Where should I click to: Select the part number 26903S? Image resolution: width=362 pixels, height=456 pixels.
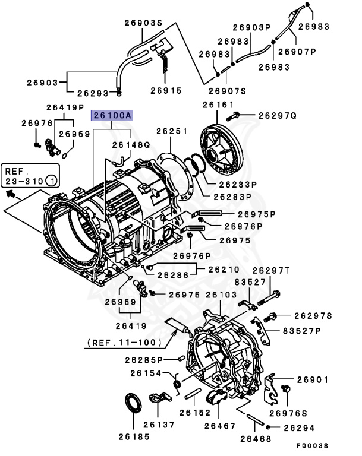coord(143,23)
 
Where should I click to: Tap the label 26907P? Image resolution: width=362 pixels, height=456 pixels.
coord(312,52)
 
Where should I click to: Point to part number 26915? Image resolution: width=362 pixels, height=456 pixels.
coord(166,91)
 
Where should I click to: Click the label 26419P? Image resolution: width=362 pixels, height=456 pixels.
coord(65,107)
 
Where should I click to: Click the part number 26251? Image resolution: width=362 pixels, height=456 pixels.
coord(172,131)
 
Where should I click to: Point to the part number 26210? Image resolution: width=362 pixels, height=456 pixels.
coord(212,269)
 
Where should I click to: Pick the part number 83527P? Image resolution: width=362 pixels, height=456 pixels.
coord(301,331)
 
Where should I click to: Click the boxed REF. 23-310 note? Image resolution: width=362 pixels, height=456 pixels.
coord(29,173)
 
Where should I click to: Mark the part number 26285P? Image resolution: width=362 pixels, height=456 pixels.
coord(143,360)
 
